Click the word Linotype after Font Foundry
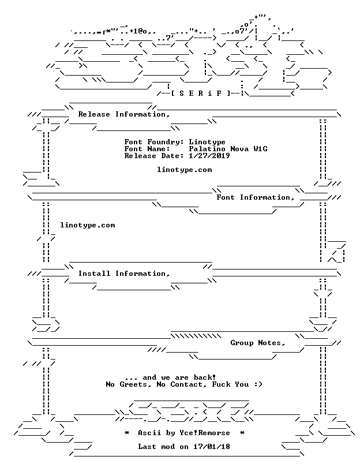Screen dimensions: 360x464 point(207,142)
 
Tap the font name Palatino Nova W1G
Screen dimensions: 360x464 point(228,149)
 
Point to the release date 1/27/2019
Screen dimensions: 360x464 point(209,156)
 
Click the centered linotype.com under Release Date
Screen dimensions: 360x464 point(184,170)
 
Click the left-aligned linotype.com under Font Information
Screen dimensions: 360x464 point(88,225)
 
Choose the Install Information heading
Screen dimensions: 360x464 point(124,274)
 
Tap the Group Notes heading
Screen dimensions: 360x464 point(258,343)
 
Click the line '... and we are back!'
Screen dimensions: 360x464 point(170,377)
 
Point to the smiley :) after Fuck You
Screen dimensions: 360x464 point(258,384)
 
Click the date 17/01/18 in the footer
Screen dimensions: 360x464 point(212,447)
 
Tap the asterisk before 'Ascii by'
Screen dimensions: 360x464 point(127,433)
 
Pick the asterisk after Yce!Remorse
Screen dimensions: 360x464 point(242,433)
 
